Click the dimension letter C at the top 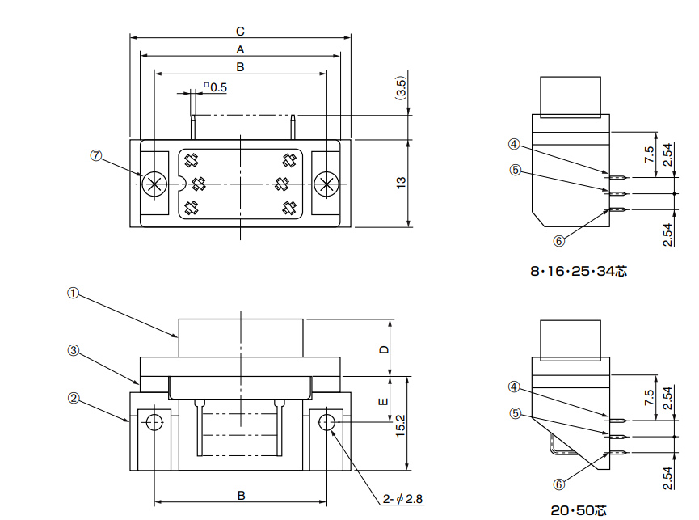tap(240, 31)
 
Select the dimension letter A tap(240, 49)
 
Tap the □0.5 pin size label tap(216, 87)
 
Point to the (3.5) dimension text tap(402, 87)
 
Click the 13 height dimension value tap(402, 184)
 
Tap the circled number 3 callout tap(73, 351)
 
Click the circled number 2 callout tap(73, 398)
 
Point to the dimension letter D tap(385, 349)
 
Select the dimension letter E tap(385, 400)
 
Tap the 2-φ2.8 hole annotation tap(403, 499)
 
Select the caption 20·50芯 tap(579, 510)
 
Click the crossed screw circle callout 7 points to tap(154, 184)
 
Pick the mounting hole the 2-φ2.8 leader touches tap(327, 421)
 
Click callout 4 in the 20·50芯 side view tap(515, 386)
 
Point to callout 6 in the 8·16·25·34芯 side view tap(558, 240)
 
